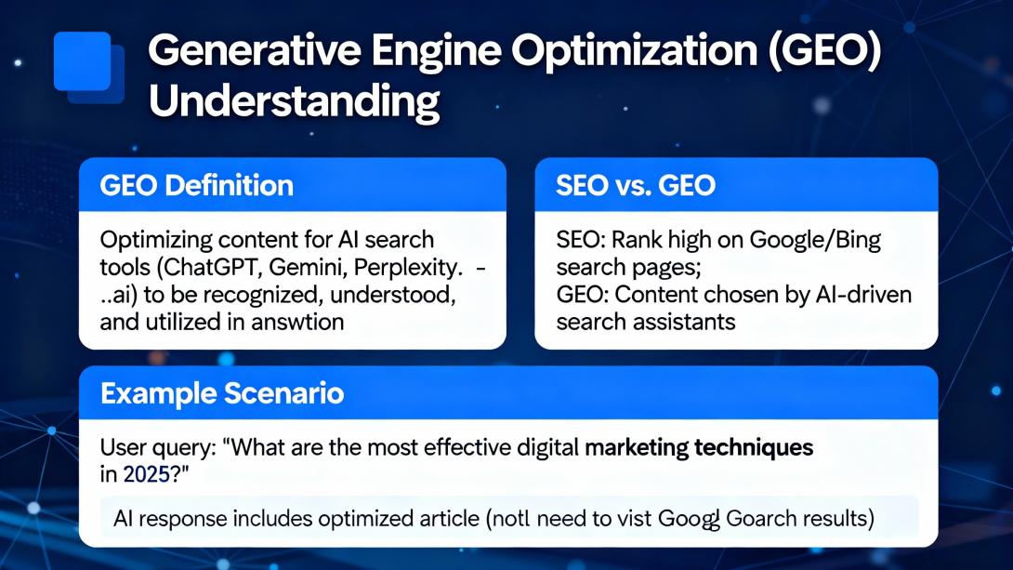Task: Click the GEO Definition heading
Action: tap(196, 185)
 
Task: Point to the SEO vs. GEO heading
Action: tap(636, 185)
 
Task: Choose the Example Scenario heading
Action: tap(222, 393)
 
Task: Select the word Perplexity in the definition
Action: tap(409, 269)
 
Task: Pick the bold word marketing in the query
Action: tap(636, 447)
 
